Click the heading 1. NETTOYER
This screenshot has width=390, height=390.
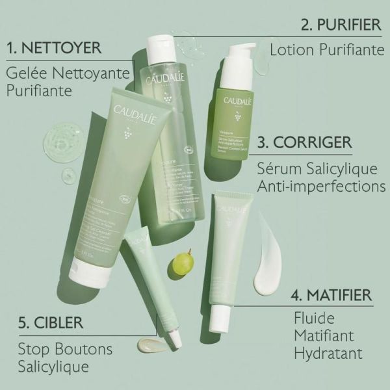(53, 48)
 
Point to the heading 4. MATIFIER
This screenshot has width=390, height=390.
(331, 295)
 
